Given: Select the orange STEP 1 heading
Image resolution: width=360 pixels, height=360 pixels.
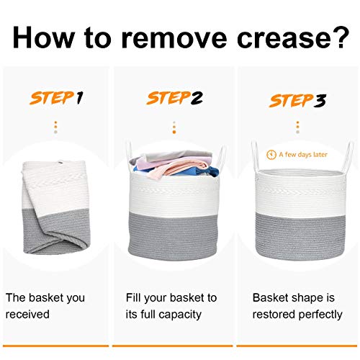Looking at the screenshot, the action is click(56, 98).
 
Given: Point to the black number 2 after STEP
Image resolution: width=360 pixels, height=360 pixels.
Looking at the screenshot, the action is click(197, 98).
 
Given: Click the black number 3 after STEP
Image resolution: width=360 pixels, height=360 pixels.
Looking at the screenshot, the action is click(320, 100).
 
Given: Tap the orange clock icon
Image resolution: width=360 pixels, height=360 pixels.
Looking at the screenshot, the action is click(271, 155).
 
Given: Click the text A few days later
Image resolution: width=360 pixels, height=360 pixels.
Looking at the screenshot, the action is click(303, 155).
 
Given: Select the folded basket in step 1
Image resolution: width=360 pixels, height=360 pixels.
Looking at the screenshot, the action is click(55, 207).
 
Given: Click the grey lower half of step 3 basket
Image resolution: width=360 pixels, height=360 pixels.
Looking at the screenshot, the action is click(300, 236).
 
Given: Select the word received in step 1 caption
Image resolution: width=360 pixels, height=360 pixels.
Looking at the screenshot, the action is click(27, 315).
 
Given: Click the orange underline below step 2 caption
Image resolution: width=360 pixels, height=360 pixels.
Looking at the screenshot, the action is click(172, 346).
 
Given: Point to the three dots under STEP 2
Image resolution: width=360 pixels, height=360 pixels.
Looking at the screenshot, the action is click(174, 127).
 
